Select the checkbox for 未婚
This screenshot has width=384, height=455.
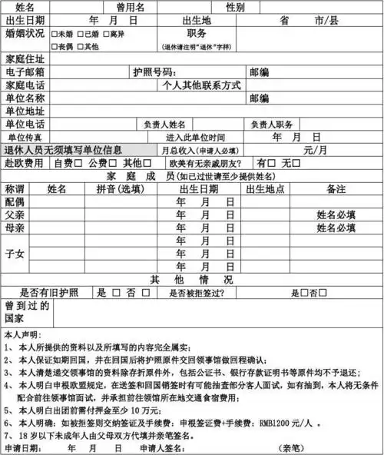[54, 35]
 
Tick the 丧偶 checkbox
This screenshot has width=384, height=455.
[54, 46]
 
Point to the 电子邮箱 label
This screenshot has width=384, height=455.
[25, 72]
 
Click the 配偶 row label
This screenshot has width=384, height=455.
[15, 201]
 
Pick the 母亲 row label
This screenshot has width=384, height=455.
[15, 228]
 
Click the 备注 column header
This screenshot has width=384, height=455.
[336, 188]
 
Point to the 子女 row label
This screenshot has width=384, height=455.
[15, 254]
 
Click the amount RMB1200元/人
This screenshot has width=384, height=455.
[301, 422]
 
